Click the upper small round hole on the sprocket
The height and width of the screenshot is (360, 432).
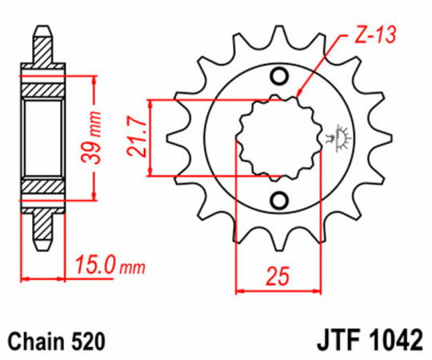pos(280,77)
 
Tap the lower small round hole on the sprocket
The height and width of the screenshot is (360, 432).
pos(280,198)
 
